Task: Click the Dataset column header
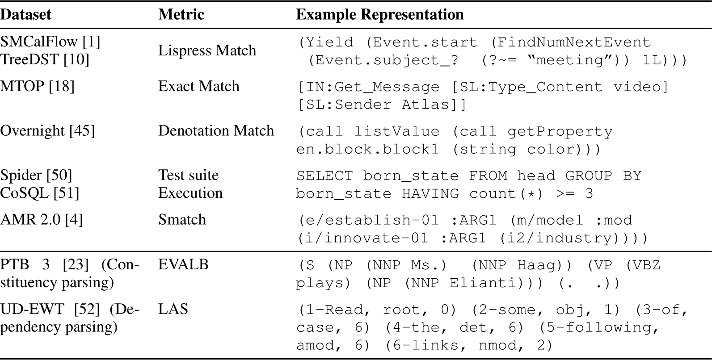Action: [25, 14]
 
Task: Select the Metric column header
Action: [181, 14]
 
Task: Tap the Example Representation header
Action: [379, 14]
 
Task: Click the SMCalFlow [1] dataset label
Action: [50, 42]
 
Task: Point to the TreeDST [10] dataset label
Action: [45, 59]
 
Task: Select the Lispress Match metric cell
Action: [207, 50]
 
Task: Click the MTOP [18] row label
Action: [37, 86]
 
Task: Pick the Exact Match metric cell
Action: [198, 86]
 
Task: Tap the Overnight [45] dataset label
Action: [47, 130]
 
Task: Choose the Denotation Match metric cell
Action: [216, 130]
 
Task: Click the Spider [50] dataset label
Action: [36, 175]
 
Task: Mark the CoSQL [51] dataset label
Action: [39, 193]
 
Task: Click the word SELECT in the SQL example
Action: [324, 176]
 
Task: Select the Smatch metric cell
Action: [182, 220]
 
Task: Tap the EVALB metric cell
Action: [183, 264]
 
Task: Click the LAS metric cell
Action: [173, 309]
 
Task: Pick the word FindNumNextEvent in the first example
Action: [573, 42]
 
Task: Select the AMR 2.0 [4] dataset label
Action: [41, 220]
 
